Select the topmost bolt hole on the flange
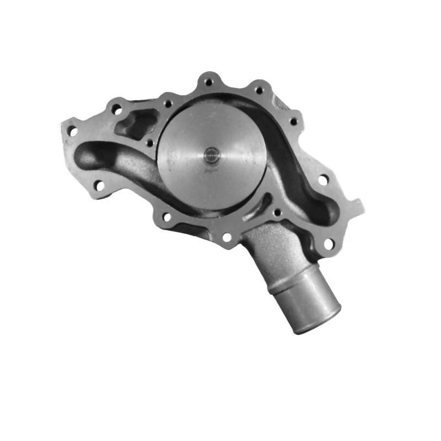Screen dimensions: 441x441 [x=208, y=82]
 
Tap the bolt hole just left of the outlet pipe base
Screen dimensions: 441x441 [x=226, y=238]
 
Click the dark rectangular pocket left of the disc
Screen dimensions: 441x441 [x=135, y=125]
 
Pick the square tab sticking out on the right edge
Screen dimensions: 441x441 [x=356, y=207]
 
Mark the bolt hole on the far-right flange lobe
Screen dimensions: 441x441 [x=322, y=179]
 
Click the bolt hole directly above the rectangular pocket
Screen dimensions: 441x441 [x=116, y=109]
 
